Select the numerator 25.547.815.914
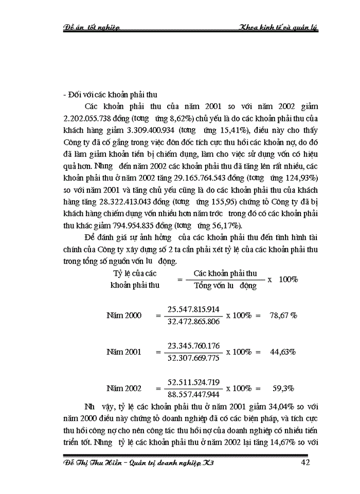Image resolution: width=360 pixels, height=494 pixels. tap(193, 309)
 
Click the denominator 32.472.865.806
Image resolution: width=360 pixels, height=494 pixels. tap(193, 321)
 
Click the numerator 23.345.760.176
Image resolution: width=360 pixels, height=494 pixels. tap(193, 345)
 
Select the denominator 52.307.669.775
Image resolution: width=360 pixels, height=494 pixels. tap(193, 358)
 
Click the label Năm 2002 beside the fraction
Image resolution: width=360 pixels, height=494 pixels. tap(123, 389)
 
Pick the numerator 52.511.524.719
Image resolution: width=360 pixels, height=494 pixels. tap(193, 382)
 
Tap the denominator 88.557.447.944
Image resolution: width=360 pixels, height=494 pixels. tap(193, 394)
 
